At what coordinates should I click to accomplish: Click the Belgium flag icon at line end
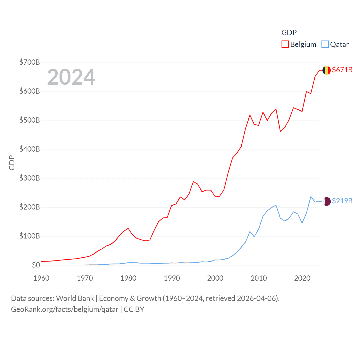326,70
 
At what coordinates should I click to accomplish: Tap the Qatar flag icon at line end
327,201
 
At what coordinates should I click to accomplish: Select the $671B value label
342,70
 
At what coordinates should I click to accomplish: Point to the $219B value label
342,201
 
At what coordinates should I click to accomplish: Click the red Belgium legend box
285,44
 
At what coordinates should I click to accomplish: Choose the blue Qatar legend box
325,44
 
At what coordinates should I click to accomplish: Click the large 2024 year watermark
71,77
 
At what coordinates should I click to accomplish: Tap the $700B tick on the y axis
30,62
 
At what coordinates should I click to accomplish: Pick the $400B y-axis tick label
30,149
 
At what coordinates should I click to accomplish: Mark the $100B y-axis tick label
30,236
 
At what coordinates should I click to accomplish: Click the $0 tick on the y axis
36,265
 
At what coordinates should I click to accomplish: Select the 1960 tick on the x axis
41,278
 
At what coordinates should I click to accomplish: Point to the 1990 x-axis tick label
172,278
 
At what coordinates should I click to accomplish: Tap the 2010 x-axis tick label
259,278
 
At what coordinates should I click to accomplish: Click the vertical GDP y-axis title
12,163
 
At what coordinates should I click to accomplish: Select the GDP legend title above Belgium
289,33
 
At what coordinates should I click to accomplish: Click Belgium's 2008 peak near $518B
250,115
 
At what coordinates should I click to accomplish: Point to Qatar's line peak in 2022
311,197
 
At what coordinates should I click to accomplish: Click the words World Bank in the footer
75,298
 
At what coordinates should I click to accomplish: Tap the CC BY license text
134,309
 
